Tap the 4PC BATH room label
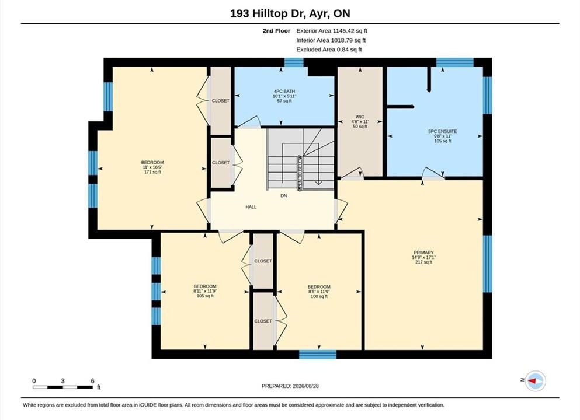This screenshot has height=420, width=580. tap(284, 91)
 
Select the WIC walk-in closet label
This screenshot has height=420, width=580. tap(360, 117)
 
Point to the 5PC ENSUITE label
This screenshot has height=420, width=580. tap(442, 131)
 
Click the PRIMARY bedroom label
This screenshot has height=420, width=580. tap(423, 253)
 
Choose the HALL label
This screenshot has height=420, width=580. tap(251, 207)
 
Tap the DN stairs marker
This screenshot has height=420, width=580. tap(284, 196)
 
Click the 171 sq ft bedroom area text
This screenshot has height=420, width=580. tap(152, 172)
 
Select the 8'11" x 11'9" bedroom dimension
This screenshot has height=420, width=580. tap(205, 291)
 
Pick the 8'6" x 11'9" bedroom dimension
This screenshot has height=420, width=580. tap(319, 292)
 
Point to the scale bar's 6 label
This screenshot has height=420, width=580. tap(92, 381)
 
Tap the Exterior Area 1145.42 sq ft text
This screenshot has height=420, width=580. tap(332, 31)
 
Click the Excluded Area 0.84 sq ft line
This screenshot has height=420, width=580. tap(329, 50)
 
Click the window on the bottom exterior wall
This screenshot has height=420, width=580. tap(318, 354)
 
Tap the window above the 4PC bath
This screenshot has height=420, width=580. tap(294, 62)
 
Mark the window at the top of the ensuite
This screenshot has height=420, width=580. tap(455, 62)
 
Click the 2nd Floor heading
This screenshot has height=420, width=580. tap(276, 31)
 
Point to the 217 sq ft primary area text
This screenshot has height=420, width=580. tap(423, 262)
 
